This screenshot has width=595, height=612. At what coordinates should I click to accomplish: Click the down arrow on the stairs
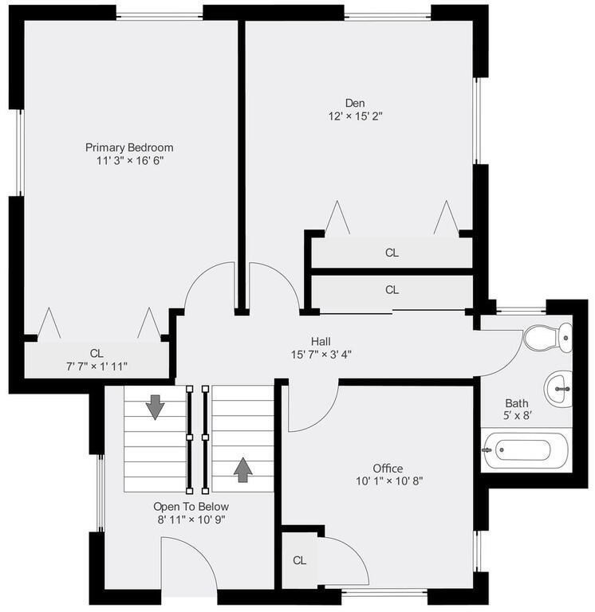tap(155, 406)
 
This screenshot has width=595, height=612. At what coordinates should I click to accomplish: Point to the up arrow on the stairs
tap(242, 470)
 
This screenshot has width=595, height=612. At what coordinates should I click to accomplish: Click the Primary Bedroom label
tap(129, 147)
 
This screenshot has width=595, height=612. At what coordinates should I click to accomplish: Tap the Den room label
tap(355, 102)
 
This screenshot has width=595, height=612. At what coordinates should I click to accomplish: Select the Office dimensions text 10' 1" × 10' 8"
tap(388, 481)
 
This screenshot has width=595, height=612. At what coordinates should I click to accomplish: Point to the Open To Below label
tap(191, 506)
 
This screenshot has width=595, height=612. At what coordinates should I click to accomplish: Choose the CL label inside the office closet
tap(299, 560)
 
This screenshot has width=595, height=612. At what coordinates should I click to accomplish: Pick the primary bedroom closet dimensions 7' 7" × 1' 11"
tap(97, 366)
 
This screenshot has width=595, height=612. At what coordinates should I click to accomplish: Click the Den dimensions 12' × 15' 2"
tap(355, 116)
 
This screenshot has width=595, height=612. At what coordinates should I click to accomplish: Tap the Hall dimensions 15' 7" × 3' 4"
tap(321, 354)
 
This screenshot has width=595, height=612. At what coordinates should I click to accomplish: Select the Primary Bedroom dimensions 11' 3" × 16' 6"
tap(129, 161)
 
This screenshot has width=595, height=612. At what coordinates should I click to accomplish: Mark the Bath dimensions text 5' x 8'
tap(517, 416)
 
